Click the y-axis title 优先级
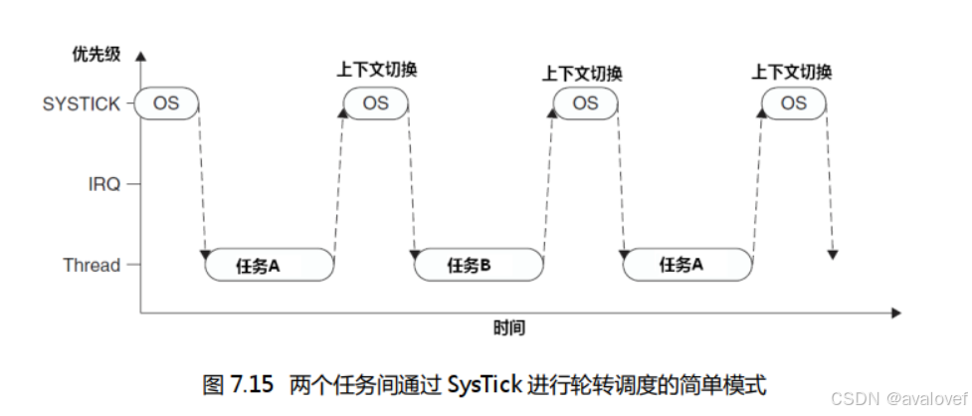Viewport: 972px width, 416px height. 97,54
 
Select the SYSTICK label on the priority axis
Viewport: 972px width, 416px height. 82,104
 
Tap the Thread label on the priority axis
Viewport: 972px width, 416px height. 92,265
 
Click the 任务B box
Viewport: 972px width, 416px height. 479,266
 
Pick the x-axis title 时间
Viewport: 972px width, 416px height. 508,327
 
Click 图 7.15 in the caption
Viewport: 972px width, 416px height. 237,383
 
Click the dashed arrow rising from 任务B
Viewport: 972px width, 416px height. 549,179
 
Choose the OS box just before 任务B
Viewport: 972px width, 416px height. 375,104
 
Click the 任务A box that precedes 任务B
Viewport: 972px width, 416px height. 270,266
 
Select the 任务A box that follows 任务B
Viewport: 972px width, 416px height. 687,266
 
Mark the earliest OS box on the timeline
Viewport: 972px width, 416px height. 166,104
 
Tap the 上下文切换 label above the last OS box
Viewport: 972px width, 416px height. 792,72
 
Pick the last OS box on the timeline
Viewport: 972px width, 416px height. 793,104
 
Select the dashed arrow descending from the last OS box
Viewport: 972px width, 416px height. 830,179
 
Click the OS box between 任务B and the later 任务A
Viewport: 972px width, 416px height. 585,104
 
